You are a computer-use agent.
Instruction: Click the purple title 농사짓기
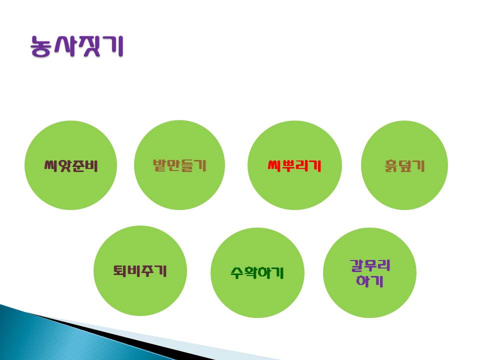[x=77, y=46]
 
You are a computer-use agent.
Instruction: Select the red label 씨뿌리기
[x=294, y=165]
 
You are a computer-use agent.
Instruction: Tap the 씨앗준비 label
[x=71, y=165]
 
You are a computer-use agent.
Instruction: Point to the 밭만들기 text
[x=179, y=165]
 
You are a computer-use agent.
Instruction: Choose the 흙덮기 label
[x=404, y=165]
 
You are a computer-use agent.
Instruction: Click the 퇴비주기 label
[x=140, y=270]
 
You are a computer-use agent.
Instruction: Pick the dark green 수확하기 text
[x=257, y=272]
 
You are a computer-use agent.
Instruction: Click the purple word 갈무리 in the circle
[x=370, y=265]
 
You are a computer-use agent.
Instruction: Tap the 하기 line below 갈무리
[x=370, y=280]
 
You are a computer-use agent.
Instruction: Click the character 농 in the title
[x=40, y=46]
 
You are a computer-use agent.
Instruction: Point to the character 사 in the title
[x=65, y=46]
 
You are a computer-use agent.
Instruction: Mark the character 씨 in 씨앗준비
[x=51, y=165]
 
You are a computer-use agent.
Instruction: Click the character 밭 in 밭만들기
[x=159, y=165]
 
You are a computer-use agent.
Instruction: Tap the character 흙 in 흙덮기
[x=391, y=166]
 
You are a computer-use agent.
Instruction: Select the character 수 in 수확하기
[x=237, y=272]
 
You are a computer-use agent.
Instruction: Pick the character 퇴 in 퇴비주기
[x=119, y=270]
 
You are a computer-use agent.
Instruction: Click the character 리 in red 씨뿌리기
[x=301, y=165]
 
